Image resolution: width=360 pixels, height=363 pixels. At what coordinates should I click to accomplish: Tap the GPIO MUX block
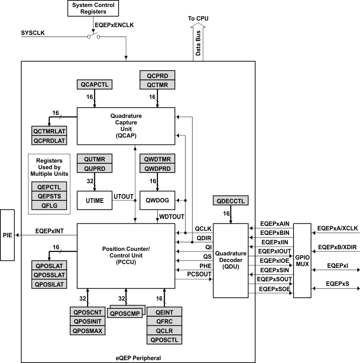(x=303, y=260)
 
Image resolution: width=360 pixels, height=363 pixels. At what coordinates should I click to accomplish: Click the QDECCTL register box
(x=231, y=201)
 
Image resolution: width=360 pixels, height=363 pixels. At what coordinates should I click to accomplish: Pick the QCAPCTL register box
(x=94, y=85)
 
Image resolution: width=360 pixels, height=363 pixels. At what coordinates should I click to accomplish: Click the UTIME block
(x=95, y=200)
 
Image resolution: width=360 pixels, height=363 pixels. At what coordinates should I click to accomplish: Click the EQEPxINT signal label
(x=49, y=231)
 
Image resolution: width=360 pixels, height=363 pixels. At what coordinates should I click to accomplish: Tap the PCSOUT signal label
(x=199, y=273)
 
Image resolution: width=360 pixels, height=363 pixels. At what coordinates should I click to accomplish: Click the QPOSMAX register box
(x=88, y=331)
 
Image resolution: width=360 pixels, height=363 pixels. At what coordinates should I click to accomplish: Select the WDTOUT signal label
(x=171, y=216)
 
